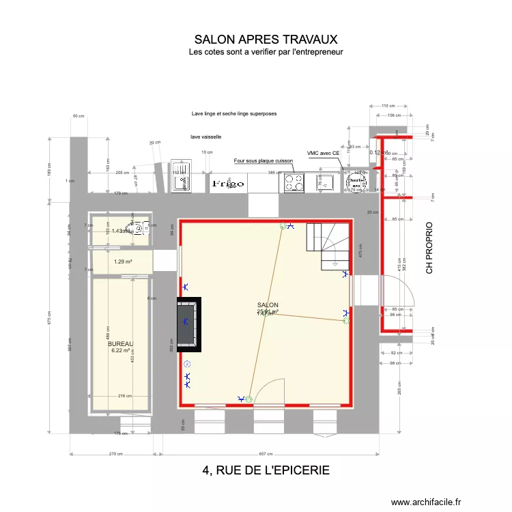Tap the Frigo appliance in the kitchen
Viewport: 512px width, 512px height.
(x=228, y=183)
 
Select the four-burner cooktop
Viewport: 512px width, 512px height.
(x=294, y=182)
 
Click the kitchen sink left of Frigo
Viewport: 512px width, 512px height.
(x=183, y=182)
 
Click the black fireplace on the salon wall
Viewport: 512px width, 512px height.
(x=189, y=324)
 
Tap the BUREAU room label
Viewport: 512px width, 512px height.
(x=120, y=344)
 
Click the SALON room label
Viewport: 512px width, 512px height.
(x=268, y=305)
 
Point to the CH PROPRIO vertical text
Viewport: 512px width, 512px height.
(x=429, y=247)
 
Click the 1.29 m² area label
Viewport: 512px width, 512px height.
(x=123, y=261)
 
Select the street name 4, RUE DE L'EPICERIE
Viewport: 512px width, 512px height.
(x=266, y=470)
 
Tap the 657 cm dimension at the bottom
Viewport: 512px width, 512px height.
(x=266, y=454)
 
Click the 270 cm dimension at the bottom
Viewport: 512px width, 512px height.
(x=115, y=454)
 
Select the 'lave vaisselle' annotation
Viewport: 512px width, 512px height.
(x=205, y=137)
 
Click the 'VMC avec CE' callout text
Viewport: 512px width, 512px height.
(x=323, y=154)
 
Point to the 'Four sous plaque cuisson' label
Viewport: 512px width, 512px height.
(x=263, y=161)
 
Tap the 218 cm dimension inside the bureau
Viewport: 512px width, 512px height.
(x=125, y=396)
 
